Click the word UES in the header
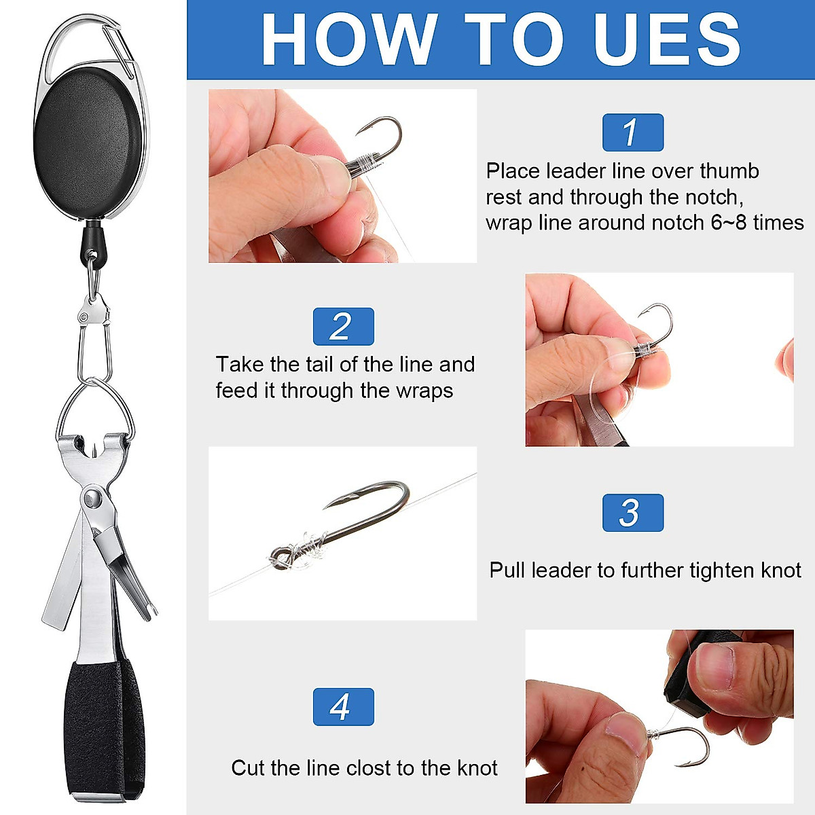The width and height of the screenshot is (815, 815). point(666,40)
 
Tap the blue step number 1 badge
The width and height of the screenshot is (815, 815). point(632,132)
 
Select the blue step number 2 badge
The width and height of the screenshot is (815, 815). point(343,327)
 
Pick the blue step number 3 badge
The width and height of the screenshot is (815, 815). point(632,513)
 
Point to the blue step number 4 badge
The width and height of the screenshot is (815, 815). point(343,706)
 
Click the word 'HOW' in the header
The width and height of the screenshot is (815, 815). point(348,40)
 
